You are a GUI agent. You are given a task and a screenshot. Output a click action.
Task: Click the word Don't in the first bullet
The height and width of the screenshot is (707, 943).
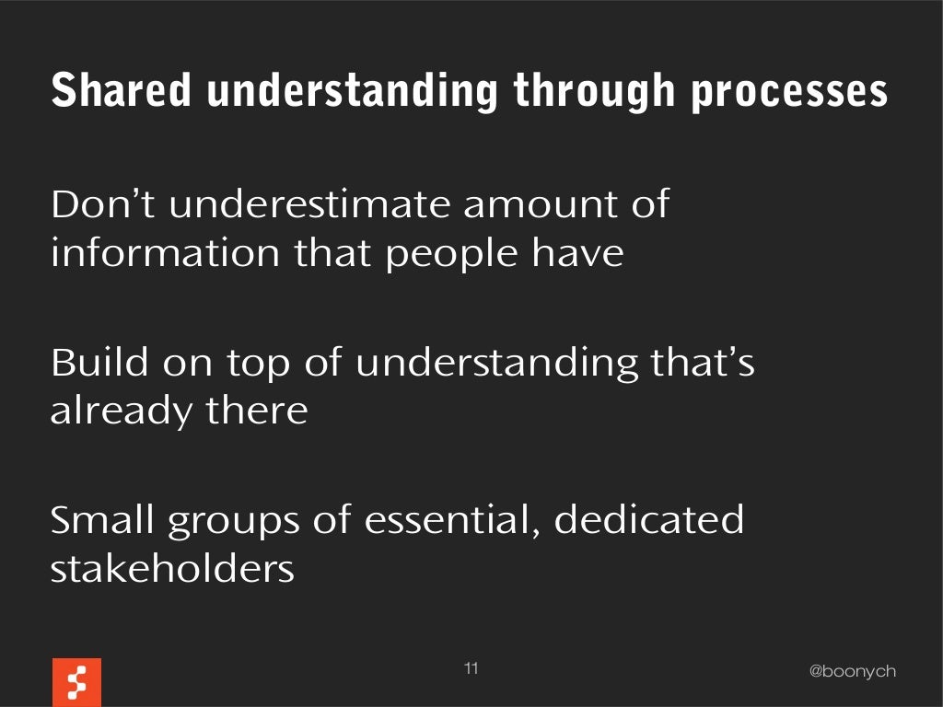pos(102,204)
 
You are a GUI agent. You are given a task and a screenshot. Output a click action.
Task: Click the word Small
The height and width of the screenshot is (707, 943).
pos(101,521)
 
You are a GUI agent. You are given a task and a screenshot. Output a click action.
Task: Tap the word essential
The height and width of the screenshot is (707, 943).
pos(450,521)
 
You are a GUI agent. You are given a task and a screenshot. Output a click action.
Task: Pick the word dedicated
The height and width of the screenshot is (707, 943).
pos(648,521)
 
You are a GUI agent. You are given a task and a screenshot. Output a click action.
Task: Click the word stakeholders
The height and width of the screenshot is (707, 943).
pos(171,570)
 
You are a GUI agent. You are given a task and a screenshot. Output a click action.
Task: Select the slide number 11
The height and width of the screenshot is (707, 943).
pos(471,668)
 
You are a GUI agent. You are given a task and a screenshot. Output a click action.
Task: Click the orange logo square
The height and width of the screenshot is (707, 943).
pos(76,682)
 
